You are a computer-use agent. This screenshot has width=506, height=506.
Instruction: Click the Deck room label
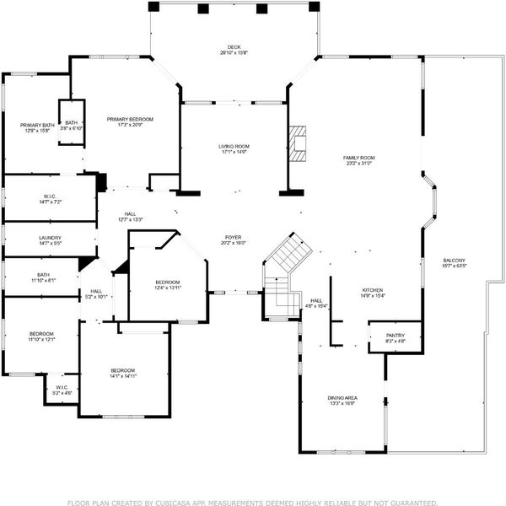coord(234,47)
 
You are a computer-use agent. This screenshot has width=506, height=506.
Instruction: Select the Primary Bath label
coord(37,126)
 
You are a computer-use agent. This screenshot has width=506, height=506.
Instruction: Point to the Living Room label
coord(234,146)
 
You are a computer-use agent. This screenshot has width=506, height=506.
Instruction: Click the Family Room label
coord(358,158)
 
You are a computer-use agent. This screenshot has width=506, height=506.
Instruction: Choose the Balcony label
coord(454,260)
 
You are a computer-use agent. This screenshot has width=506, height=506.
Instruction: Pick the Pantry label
coord(372,336)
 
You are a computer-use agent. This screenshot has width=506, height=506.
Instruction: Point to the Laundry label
coord(50,238)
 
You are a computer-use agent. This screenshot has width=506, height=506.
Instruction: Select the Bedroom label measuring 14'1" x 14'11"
coord(122,371)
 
